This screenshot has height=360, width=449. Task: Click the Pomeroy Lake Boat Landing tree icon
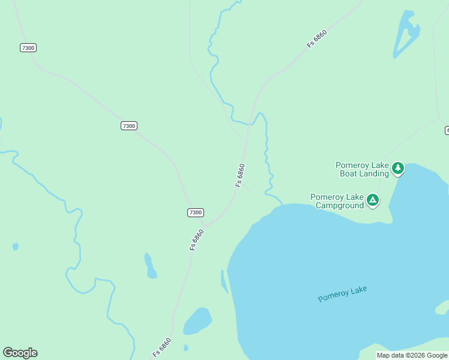(398, 169)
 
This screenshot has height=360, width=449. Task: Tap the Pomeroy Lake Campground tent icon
(373, 200)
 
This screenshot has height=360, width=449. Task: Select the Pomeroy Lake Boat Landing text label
(362, 169)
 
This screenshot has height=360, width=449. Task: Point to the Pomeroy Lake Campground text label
(337, 201)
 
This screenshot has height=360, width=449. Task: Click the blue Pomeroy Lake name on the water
(342, 294)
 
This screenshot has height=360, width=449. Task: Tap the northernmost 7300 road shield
(28, 47)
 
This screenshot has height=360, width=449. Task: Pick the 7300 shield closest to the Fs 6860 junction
(195, 212)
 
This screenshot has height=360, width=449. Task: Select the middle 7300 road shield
(128, 125)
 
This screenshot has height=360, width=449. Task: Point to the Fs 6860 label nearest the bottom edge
(162, 347)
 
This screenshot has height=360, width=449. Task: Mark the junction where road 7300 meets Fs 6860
(205, 226)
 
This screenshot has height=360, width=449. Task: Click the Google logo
(20, 353)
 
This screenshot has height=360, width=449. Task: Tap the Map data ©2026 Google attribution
(412, 355)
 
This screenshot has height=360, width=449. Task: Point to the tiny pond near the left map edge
(15, 247)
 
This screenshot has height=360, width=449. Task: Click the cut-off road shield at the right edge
(447, 130)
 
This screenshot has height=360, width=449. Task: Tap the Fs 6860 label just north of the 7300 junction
(241, 175)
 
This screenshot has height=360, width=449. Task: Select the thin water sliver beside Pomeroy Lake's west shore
(224, 281)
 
